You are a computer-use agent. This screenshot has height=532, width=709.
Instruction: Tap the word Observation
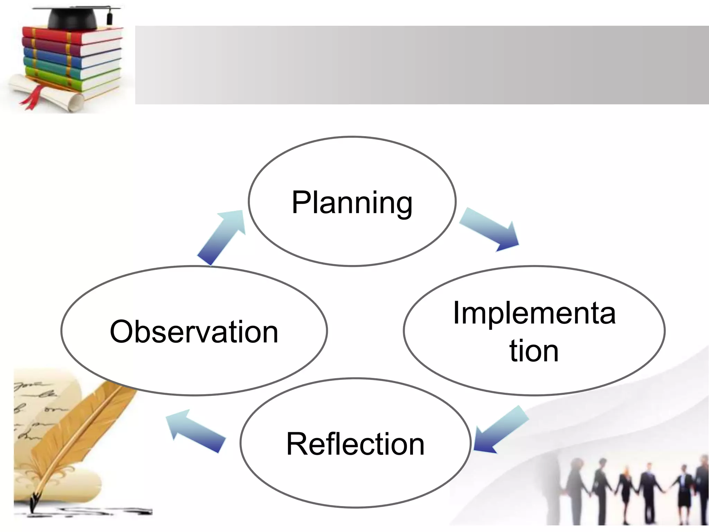[x=194, y=331]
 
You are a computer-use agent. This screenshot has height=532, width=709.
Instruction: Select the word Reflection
[x=355, y=444]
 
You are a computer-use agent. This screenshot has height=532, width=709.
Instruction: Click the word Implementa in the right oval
[x=534, y=313]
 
